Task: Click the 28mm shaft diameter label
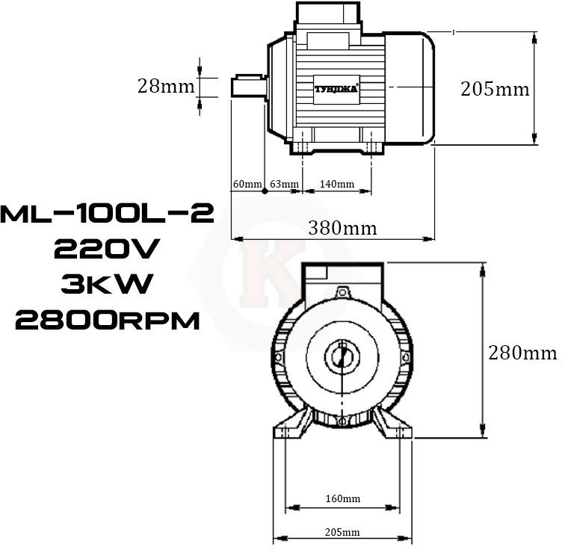click(x=166, y=87)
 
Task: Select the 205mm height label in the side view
click(x=495, y=89)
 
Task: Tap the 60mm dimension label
click(x=247, y=184)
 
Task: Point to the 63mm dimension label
click(x=284, y=184)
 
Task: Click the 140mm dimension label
click(x=337, y=184)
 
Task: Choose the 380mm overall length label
click(x=342, y=228)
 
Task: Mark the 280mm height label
click(x=522, y=353)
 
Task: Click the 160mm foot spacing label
click(x=343, y=498)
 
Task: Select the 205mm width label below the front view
click(x=342, y=532)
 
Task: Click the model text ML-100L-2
click(x=107, y=214)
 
